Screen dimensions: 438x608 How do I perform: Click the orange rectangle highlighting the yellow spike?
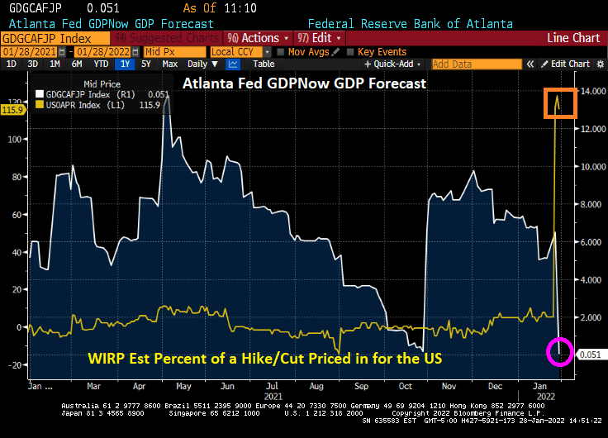point(559,102)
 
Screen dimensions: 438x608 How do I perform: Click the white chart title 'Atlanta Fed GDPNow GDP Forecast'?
point(303,83)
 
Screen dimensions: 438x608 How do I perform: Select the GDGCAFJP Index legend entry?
point(93,94)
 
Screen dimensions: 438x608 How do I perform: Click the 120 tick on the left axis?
point(14,102)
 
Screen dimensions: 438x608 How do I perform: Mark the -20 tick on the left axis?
point(14,364)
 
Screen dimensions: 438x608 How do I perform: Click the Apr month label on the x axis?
point(141,386)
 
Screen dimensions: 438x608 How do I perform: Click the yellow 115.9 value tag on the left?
point(12,109)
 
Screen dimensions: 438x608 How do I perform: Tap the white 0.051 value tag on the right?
point(590,355)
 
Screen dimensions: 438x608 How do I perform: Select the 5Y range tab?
point(146,64)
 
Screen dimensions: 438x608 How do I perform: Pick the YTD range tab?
point(101,64)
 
